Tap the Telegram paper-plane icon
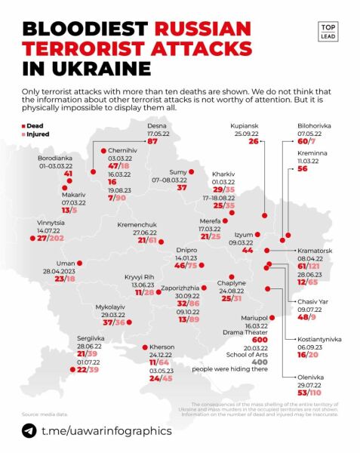[29, 430]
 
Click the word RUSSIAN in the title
[202, 31]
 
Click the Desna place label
[157, 125]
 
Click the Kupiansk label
[245, 125]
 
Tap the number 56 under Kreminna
[303, 170]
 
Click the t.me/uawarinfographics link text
[106, 430]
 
